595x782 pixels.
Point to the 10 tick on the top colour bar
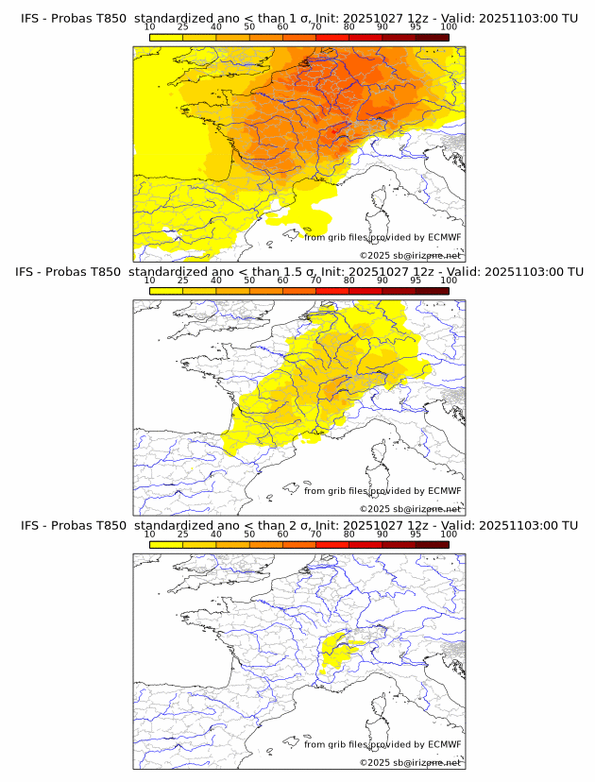pyautogui.click(x=150, y=27)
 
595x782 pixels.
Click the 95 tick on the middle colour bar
pyautogui.click(x=416, y=280)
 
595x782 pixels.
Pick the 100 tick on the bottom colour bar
pyautogui.click(x=449, y=534)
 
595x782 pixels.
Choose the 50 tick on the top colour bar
pyautogui.click(x=249, y=27)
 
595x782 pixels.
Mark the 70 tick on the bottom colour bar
pyautogui.click(x=316, y=534)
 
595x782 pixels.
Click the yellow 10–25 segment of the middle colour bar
pyautogui.click(x=166, y=290)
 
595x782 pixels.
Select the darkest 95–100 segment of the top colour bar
pyautogui.click(x=432, y=37)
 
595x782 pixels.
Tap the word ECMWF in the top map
pyautogui.click(x=444, y=237)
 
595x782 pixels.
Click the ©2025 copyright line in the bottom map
pyautogui.click(x=410, y=762)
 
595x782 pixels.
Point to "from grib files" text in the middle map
pyautogui.click(x=334, y=490)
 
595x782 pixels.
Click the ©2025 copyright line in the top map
pyautogui.click(x=410, y=255)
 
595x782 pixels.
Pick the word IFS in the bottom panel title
pyautogui.click(x=29, y=525)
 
